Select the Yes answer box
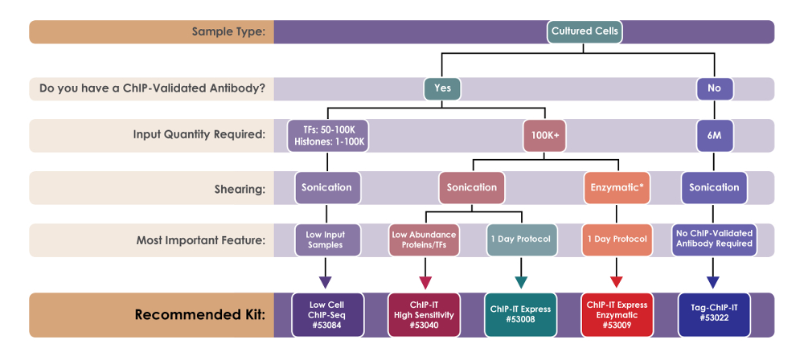click(x=442, y=88)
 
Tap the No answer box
click(x=714, y=88)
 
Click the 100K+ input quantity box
click(x=544, y=135)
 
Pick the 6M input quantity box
click(x=714, y=135)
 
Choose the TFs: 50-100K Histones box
click(x=328, y=135)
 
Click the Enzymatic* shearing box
click(x=617, y=188)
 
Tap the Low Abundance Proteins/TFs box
click(x=424, y=240)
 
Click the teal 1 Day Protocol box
click(x=521, y=240)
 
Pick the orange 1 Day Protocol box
click(x=617, y=240)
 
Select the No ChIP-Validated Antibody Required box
click(x=714, y=240)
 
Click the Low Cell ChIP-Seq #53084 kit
click(x=328, y=314)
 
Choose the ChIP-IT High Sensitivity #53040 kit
click(x=424, y=314)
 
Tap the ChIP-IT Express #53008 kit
click(x=520, y=314)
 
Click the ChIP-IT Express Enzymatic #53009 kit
click(x=617, y=314)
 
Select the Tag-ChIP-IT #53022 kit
click(x=714, y=314)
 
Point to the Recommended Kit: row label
click(x=200, y=314)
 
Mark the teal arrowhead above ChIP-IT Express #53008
click(x=521, y=282)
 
